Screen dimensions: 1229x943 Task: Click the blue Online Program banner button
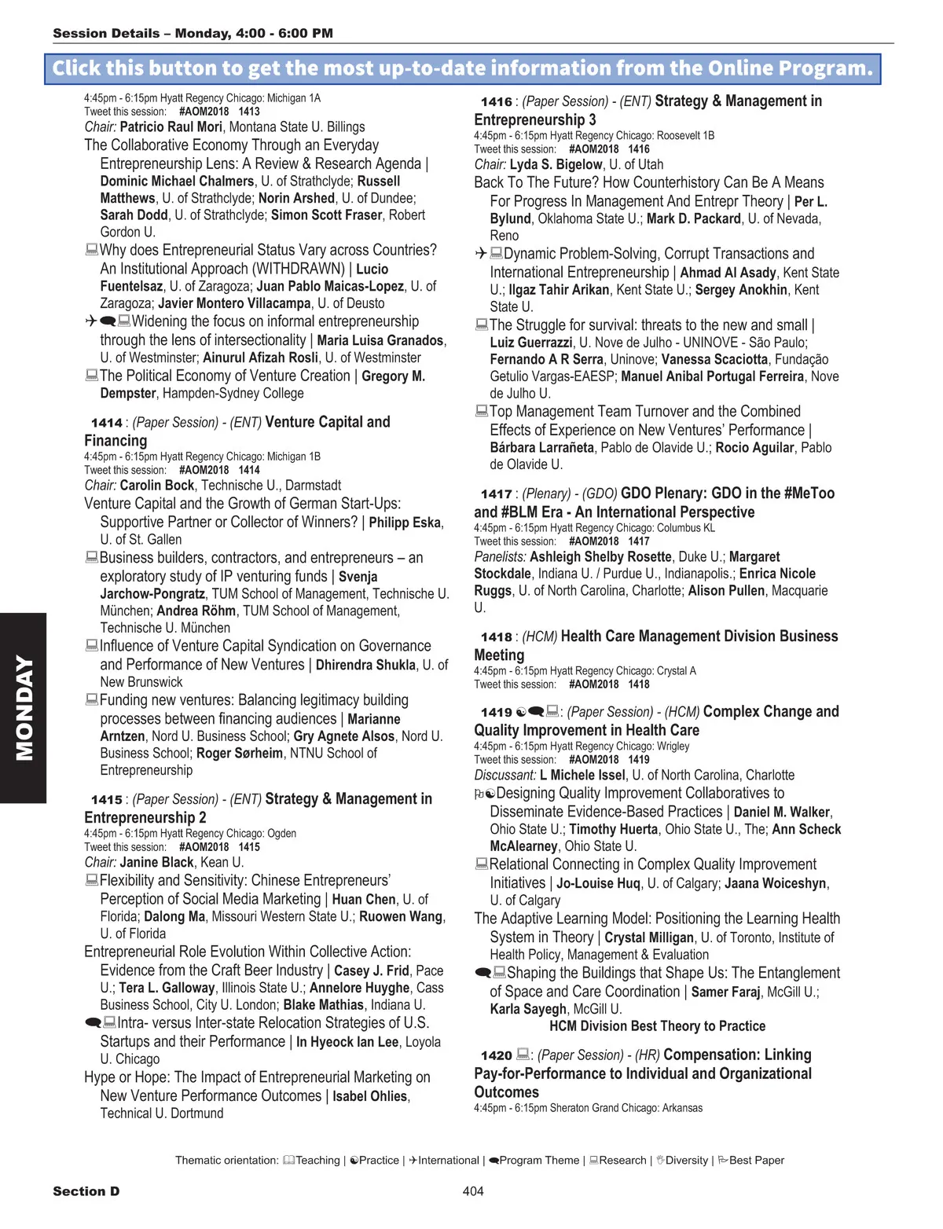click(x=462, y=68)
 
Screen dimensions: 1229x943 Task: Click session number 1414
click(x=107, y=423)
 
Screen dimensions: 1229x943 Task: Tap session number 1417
click(x=497, y=494)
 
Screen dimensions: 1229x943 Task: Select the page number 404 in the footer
click(x=473, y=1191)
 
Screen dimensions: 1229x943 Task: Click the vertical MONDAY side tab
click(x=24, y=707)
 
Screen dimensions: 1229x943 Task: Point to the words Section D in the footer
click(x=86, y=1191)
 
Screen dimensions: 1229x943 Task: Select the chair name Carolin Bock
click(x=157, y=486)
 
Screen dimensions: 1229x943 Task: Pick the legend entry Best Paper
click(x=756, y=1160)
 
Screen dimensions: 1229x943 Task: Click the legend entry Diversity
click(x=686, y=1160)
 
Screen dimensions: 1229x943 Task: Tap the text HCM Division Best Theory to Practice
click(x=657, y=1026)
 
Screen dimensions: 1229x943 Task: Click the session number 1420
click(x=497, y=1055)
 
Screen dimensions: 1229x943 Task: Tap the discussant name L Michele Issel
click(x=582, y=775)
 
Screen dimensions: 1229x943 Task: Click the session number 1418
click(x=497, y=637)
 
